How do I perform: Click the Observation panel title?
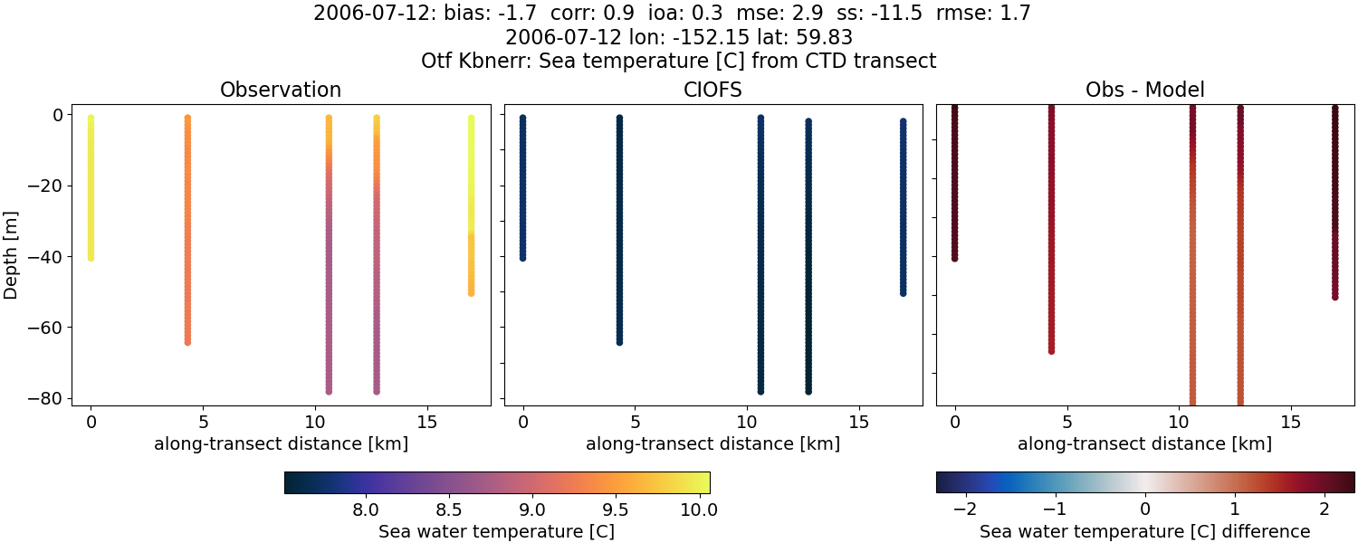281,90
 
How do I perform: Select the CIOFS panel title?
712,90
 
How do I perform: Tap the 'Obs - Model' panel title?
1144,90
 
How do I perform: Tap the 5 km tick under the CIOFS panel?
636,423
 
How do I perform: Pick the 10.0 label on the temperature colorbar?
699,510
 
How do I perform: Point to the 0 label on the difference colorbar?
1145,510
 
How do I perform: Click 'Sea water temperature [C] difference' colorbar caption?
1144,531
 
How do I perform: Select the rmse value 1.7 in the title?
1016,14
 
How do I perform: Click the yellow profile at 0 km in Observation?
91,190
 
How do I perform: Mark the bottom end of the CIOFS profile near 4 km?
619,341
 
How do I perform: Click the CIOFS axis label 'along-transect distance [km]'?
712,444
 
